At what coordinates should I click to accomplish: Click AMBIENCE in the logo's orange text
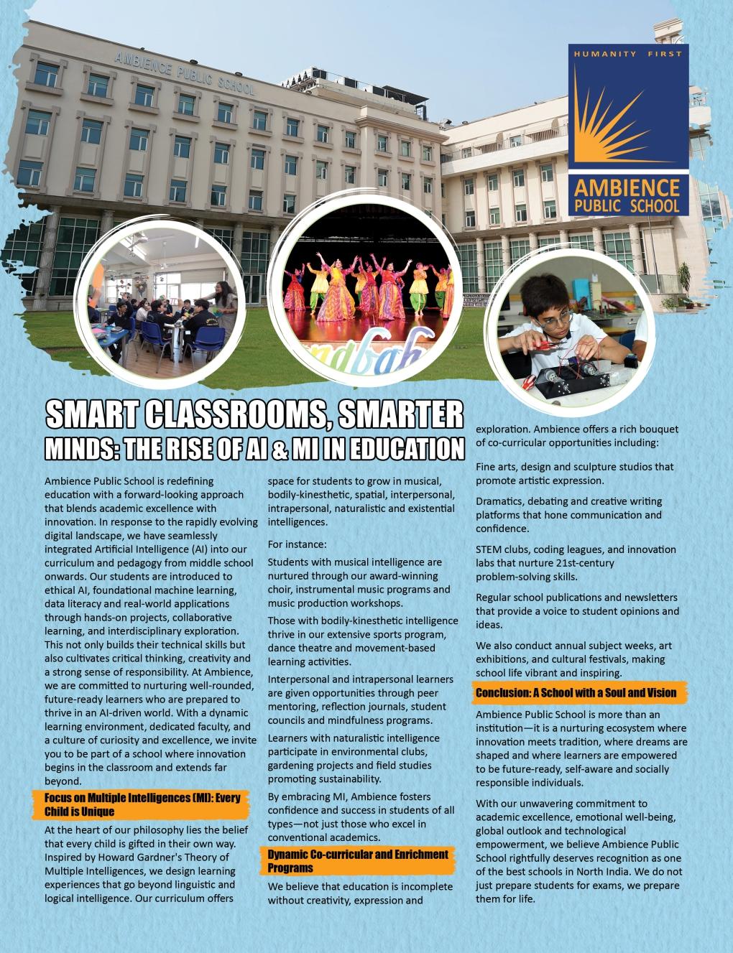click(x=626, y=189)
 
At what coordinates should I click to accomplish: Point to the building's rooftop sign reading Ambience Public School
click(x=184, y=72)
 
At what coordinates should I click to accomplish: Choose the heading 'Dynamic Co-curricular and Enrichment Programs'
click(x=358, y=860)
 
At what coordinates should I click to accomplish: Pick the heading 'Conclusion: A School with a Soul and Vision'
click(x=576, y=692)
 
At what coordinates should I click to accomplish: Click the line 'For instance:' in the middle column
click(x=297, y=544)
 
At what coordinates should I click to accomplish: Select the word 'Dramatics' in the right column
click(x=499, y=501)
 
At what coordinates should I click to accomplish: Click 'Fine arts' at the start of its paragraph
click(x=496, y=467)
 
